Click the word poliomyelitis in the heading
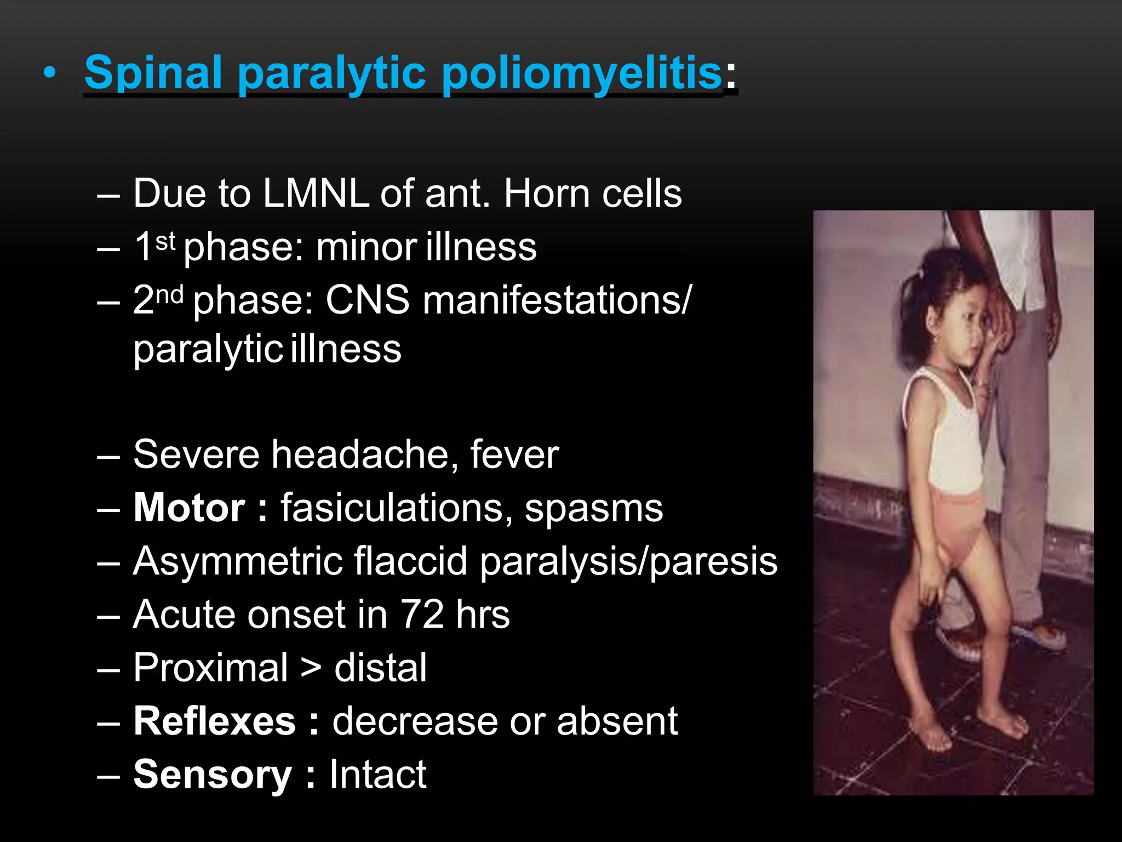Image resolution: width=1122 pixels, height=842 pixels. [582, 73]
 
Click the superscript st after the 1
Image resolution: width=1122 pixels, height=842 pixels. [165, 241]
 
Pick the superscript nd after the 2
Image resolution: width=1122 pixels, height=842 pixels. [169, 295]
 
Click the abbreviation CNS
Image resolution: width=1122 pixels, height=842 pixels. [367, 300]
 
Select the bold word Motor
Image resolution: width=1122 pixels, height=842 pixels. [189, 508]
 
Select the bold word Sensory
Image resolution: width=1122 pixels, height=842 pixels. [213, 774]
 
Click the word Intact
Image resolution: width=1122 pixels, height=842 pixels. [377, 774]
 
